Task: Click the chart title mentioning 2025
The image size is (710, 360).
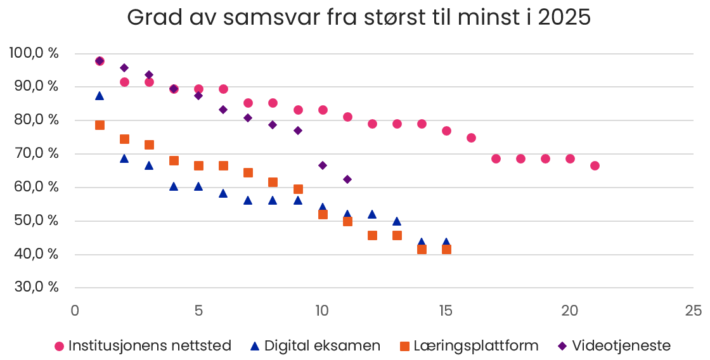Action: click(359, 18)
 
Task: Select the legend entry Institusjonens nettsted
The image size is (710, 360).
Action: click(143, 346)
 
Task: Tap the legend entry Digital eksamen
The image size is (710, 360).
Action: click(315, 346)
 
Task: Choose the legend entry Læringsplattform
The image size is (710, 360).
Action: click(468, 346)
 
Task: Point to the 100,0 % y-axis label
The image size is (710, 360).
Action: click(34, 53)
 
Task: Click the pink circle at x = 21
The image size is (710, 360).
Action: click(595, 166)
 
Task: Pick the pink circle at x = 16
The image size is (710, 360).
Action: click(471, 138)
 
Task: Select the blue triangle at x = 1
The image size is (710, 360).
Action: click(100, 96)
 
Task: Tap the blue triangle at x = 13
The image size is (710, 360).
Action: click(397, 221)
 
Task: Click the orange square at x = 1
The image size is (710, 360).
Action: click(100, 125)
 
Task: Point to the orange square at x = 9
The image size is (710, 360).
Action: click(298, 189)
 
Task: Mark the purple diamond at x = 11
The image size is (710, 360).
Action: click(347, 179)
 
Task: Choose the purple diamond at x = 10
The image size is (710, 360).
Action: click(323, 165)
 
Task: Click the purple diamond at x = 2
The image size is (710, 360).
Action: click(124, 68)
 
